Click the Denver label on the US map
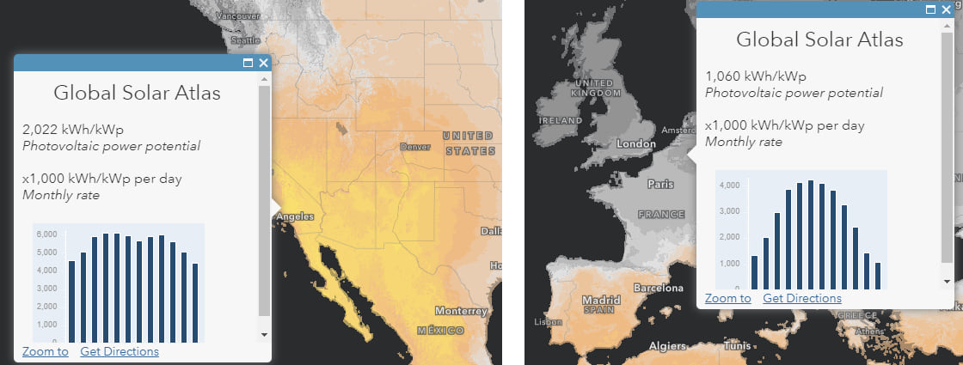tap(416, 147)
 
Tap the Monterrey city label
tap(461, 311)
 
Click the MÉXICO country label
tap(442, 331)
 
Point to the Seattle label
tap(245, 40)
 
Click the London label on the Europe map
tap(637, 144)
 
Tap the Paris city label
tap(660, 184)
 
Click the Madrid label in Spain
tap(601, 300)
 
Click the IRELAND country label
tap(562, 120)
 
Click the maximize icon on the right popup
tap(930, 9)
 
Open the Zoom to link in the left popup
tap(46, 351)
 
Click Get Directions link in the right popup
tap(802, 298)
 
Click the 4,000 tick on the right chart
tap(728, 185)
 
